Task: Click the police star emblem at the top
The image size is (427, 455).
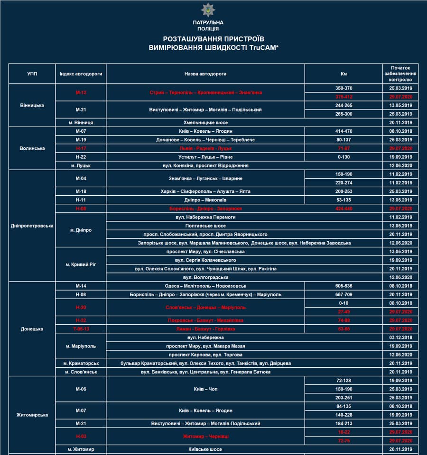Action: [x=208, y=10]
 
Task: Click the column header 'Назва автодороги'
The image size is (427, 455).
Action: [x=205, y=74]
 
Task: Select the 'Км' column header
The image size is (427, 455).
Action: [x=343, y=74]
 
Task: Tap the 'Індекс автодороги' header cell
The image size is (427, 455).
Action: [x=81, y=74]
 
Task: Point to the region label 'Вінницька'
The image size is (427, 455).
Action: [x=32, y=105]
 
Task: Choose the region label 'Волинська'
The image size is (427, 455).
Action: [x=32, y=148]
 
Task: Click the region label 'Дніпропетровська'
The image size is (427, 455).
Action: [x=32, y=226]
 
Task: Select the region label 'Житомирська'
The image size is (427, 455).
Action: [x=32, y=415]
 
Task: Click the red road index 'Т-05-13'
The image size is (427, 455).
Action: [x=81, y=329]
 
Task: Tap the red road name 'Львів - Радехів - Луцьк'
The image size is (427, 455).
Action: [x=205, y=148]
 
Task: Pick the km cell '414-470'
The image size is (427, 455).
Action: [x=343, y=131]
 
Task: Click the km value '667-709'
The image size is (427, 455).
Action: [x=343, y=294]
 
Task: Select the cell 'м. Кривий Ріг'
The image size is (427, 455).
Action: [x=81, y=264]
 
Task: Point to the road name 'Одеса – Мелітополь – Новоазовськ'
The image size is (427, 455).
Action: [x=205, y=286]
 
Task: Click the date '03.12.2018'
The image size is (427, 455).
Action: [x=400, y=337]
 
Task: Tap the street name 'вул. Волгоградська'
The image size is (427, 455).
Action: [x=205, y=277]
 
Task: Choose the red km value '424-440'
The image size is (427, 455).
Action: [x=343, y=209]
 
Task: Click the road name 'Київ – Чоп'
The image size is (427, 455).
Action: [x=205, y=389]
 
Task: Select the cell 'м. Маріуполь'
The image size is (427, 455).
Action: [x=81, y=346]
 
